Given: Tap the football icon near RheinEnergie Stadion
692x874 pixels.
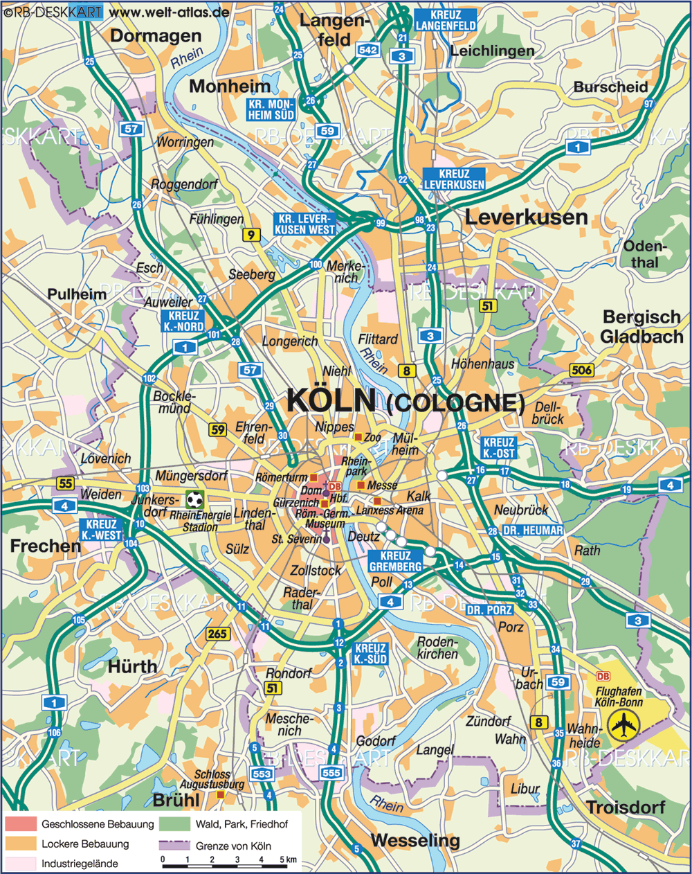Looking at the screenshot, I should [x=195, y=499].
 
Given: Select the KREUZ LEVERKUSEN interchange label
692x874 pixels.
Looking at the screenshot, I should [x=454, y=179].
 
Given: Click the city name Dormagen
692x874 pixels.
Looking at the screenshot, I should [x=156, y=36].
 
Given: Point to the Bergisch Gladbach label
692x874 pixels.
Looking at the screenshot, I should [x=641, y=327].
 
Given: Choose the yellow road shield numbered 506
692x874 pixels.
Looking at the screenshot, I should [x=582, y=370].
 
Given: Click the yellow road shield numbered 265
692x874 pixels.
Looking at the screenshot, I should [x=217, y=634].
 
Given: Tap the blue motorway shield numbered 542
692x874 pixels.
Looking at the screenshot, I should [x=368, y=50].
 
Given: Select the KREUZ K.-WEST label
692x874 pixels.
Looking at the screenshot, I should [x=101, y=530].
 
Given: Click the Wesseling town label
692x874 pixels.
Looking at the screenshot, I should [x=415, y=841].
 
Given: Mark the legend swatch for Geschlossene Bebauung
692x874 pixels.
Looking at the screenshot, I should [x=21, y=824].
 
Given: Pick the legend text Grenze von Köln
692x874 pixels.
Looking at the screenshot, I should [x=233, y=846].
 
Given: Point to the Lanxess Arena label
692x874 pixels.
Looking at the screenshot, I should [x=390, y=510].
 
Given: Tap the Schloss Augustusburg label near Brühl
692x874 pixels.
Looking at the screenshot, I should [x=212, y=780].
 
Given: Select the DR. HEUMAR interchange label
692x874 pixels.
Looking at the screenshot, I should [x=533, y=530].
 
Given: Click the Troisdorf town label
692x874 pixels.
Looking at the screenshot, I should [x=626, y=808].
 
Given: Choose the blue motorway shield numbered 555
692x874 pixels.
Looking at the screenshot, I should [x=331, y=772].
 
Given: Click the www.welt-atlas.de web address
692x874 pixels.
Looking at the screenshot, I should [x=170, y=12].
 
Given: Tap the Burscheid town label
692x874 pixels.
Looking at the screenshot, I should [x=610, y=87].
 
